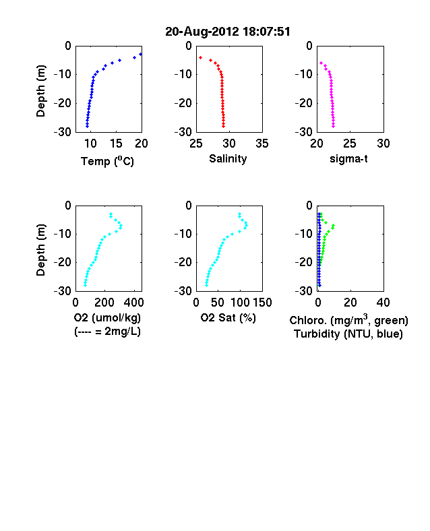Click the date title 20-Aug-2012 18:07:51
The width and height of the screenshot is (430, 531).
coord(228,32)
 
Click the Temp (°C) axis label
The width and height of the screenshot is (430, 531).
coord(107,161)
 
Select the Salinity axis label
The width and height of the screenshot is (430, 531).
coord(228,158)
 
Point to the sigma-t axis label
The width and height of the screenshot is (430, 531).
coord(348,158)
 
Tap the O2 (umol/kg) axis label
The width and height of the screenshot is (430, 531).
coord(107,317)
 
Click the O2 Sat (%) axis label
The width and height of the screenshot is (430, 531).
coord(228,317)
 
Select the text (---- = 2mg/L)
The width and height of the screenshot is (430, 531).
coord(107,331)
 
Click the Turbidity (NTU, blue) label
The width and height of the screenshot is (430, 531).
coord(348,334)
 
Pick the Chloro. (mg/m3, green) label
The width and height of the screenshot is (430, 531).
coord(348,320)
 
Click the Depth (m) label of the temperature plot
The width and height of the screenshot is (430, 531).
coord(40,91)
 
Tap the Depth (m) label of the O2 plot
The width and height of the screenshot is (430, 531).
coord(40,250)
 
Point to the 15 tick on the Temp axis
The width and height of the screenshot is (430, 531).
coord(116,144)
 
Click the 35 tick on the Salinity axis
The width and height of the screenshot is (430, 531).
coord(262,144)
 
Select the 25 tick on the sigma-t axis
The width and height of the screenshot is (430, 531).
coord(350,144)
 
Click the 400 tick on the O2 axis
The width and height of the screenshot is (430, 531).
coord(134,303)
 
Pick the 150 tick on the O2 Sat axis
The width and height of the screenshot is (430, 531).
coord(262,303)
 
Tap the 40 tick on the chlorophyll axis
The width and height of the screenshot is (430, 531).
coord(383,303)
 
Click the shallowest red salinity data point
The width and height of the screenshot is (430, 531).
coord(200,57)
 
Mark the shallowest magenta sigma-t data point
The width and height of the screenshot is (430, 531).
coord(321,63)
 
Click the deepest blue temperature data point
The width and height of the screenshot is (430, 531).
coord(88,126)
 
